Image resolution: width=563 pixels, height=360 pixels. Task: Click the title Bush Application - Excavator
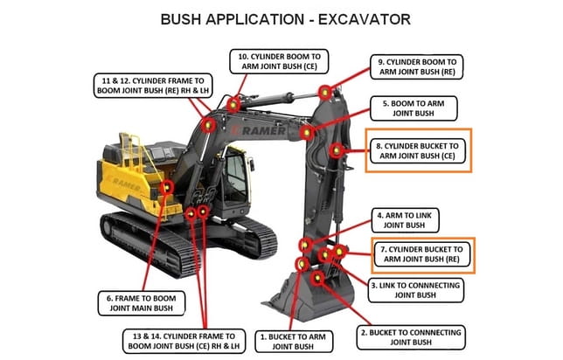tap(281, 19)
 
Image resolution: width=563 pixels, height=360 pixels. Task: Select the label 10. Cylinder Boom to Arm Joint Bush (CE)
tap(279, 62)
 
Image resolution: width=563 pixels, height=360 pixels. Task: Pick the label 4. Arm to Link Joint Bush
tap(407, 219)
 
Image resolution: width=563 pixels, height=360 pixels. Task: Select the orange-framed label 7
tap(422, 254)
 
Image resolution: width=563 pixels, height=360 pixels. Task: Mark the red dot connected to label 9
tap(325, 92)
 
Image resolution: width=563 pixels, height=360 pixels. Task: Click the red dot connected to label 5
tap(307, 132)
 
